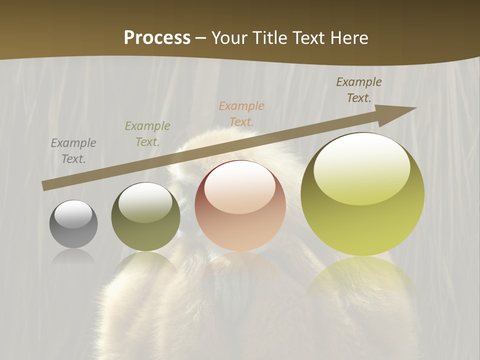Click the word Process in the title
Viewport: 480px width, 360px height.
pos(157,38)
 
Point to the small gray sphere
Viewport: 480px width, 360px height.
pos(73,224)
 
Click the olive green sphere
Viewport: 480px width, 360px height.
pos(145,217)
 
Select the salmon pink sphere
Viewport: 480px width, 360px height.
pos(240,206)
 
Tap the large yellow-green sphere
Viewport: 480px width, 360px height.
pos(362,195)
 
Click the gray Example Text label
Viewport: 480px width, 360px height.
pos(73,151)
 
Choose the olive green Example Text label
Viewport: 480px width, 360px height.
pos(147,134)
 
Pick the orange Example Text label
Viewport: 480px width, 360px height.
pos(241,113)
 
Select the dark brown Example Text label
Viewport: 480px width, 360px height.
pos(359,90)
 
